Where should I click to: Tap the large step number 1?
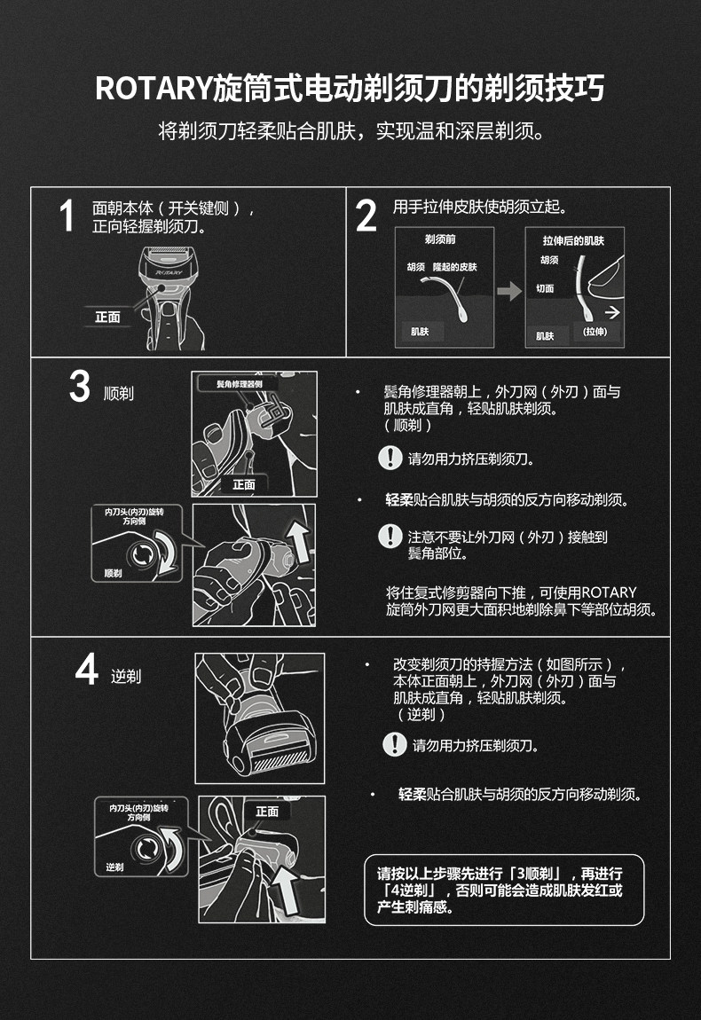point(67,216)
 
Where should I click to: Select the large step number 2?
point(366,216)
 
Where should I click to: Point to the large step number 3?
point(79,386)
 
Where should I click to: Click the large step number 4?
point(87,669)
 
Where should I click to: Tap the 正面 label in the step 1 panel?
point(107,317)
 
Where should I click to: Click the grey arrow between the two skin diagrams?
point(509,291)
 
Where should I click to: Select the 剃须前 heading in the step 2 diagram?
point(440,239)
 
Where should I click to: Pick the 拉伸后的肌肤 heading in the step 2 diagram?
point(573,240)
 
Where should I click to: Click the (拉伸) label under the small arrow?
point(595,332)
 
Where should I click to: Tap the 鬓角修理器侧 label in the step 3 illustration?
point(239,384)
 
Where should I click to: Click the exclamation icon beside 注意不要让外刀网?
point(390,537)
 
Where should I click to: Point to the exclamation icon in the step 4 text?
point(395,744)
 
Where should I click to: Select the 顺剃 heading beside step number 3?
point(119,393)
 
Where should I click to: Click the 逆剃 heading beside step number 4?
point(126,677)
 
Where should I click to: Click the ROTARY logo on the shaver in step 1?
point(169,272)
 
